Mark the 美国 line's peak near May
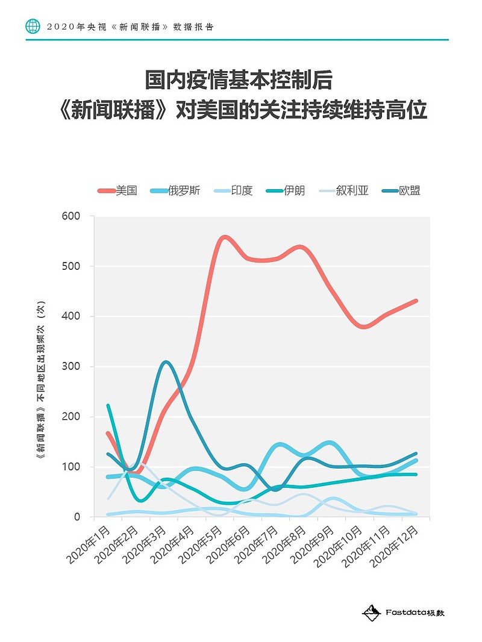[x=224, y=237]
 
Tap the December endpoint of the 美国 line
[x=416, y=301]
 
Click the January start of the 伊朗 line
[x=108, y=405]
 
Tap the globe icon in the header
[x=33, y=26]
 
